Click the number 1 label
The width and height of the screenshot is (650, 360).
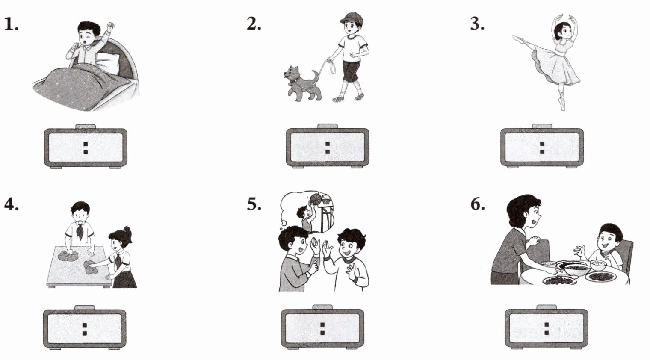click(x=11, y=24)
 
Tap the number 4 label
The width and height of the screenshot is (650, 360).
click(x=11, y=204)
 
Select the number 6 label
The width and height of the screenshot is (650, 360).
click(x=478, y=204)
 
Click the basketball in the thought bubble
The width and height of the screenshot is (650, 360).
click(x=316, y=199)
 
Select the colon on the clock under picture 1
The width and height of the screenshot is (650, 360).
click(x=86, y=148)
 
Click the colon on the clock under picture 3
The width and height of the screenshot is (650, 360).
click(x=542, y=148)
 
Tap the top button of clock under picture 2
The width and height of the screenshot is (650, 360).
click(x=327, y=126)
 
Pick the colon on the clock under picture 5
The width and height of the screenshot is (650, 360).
click(x=322, y=329)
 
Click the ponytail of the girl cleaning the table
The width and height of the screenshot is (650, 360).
click(x=128, y=233)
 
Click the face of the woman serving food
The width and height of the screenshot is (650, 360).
click(x=533, y=215)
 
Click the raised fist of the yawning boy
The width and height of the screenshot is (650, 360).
click(x=111, y=27)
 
